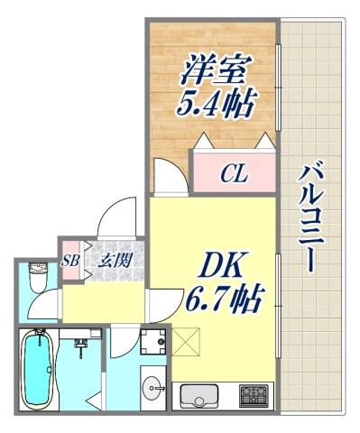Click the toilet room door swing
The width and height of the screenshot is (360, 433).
tap(53, 303)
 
